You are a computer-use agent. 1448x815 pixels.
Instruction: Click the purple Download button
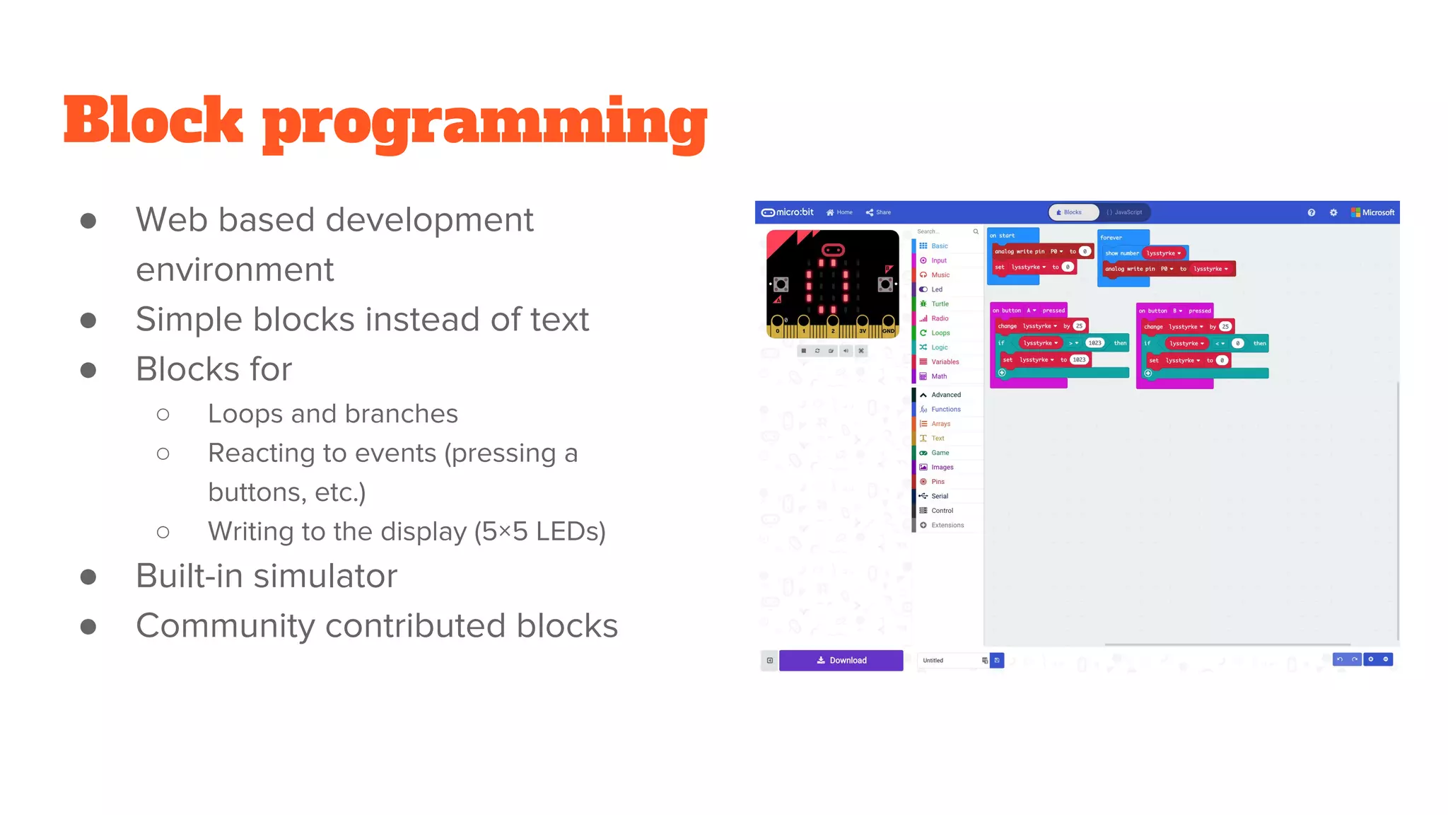(x=841, y=660)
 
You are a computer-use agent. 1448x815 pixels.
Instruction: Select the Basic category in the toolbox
(x=939, y=246)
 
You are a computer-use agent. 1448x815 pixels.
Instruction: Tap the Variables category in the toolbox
(x=945, y=362)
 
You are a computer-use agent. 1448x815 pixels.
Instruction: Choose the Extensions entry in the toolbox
(x=947, y=525)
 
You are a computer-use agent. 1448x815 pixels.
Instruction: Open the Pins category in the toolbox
(x=938, y=482)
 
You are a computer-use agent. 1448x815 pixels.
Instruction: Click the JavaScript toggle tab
(x=1124, y=212)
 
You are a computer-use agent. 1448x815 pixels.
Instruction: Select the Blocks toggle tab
(x=1073, y=212)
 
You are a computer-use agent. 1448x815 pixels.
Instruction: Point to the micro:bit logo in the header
(x=788, y=212)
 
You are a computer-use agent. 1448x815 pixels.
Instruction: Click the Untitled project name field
(x=947, y=660)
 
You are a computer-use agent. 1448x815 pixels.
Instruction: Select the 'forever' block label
(x=1111, y=238)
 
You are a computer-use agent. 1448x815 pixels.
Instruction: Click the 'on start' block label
(x=1002, y=236)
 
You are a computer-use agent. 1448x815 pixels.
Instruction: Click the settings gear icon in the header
(x=1333, y=212)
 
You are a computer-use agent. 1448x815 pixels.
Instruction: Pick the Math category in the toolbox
(x=938, y=376)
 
